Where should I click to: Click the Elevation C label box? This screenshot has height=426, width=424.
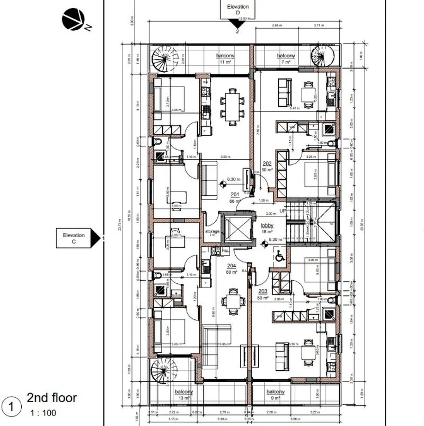click(x=74, y=238)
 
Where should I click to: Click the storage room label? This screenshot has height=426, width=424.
click(x=212, y=232)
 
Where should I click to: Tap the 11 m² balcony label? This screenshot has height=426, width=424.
click(x=225, y=58)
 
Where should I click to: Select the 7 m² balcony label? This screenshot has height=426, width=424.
click(x=286, y=58)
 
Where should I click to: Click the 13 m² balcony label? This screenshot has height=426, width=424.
click(x=184, y=394)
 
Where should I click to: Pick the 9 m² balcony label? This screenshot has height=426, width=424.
click(x=276, y=394)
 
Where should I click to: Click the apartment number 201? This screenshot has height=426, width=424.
click(x=235, y=195)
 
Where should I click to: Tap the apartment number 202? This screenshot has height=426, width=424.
click(x=267, y=163)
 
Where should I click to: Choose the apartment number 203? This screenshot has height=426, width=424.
click(x=263, y=292)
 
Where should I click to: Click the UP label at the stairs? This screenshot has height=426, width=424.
click(x=282, y=211)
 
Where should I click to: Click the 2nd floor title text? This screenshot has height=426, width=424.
click(x=52, y=398)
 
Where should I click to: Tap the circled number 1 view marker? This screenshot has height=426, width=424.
click(x=11, y=406)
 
